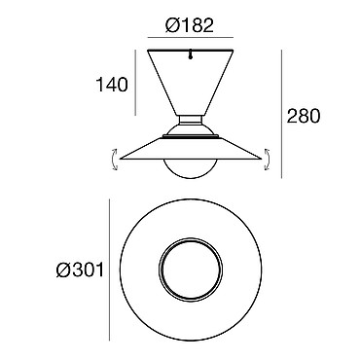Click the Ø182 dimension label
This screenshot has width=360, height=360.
[190, 25]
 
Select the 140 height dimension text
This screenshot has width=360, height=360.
[112, 85]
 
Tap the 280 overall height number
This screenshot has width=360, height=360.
[304, 116]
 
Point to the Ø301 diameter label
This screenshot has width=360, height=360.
[80, 270]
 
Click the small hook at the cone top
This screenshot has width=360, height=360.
[191, 54]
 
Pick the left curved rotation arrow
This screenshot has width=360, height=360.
[114, 159]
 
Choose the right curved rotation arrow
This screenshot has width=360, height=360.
[268, 159]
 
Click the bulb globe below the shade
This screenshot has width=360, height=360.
[191, 168]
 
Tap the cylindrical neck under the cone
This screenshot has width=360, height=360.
[191, 120]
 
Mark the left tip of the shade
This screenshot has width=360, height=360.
[121, 159]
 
